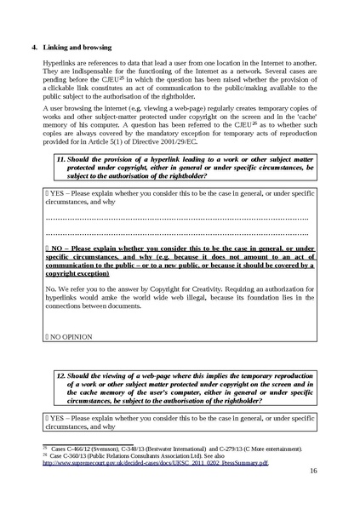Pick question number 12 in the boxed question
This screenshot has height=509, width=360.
point(61,374)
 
